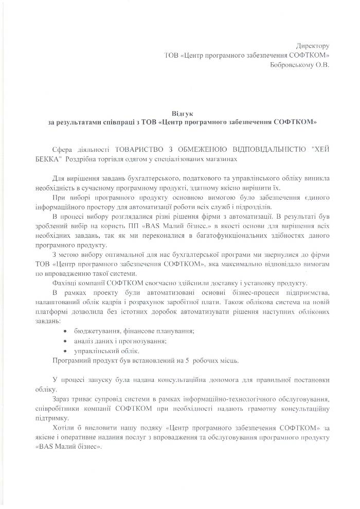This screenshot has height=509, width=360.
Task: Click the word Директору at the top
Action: pyautogui.click(x=313, y=46)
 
